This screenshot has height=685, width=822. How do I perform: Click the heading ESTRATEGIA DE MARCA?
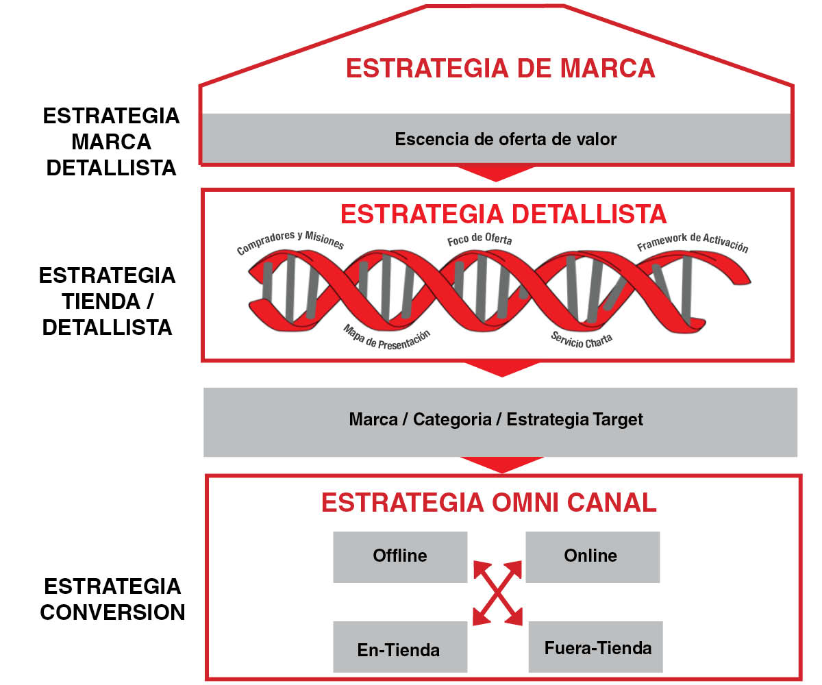(500, 68)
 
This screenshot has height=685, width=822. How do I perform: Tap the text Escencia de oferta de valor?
(506, 139)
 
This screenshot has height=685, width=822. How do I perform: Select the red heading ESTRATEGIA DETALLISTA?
(503, 214)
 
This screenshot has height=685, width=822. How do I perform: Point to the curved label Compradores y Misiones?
(290, 241)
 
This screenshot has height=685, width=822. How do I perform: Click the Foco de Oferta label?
(479, 239)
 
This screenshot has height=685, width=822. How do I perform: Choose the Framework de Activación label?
(693, 242)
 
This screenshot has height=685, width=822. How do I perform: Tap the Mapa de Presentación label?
(386, 338)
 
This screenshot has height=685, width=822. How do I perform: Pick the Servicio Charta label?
(582, 340)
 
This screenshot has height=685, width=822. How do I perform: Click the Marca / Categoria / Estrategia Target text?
(496, 419)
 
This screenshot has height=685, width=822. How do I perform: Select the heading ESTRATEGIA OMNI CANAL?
(489, 503)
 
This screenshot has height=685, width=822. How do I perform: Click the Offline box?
(400, 557)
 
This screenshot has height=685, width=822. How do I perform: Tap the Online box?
(593, 557)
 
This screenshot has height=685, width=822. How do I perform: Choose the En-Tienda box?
(400, 647)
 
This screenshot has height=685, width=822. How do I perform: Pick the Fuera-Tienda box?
(596, 647)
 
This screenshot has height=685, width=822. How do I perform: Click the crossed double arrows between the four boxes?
(497, 593)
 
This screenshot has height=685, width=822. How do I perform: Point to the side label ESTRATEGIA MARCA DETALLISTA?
(111, 142)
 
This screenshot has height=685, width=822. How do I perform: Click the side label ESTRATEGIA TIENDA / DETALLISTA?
(107, 301)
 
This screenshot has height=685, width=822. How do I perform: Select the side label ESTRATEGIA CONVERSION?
(112, 599)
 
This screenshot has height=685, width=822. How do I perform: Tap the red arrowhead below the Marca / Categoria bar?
(502, 464)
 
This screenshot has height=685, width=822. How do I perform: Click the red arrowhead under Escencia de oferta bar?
(496, 173)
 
